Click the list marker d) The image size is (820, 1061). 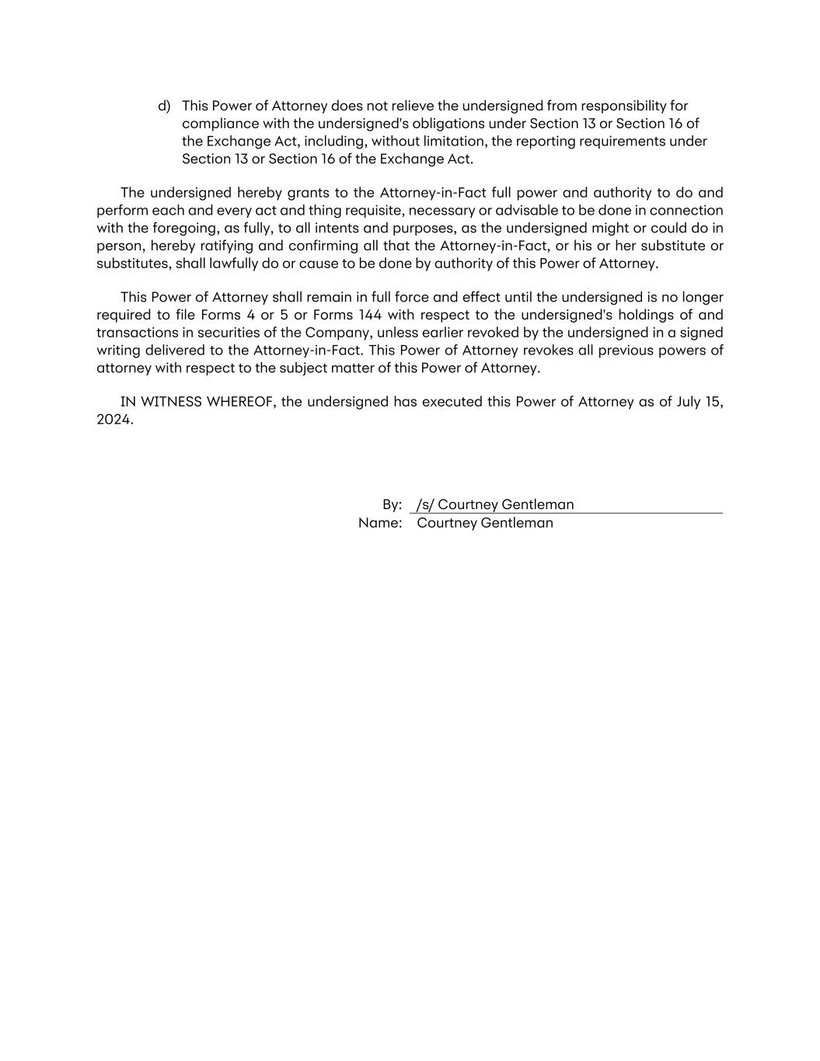[x=164, y=106]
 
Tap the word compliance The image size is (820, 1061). [x=219, y=124]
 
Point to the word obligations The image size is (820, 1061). [x=446, y=124]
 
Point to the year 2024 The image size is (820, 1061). [x=114, y=420]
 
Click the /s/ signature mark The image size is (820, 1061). [x=424, y=504]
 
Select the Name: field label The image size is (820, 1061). [x=380, y=523]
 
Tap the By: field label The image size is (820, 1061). [x=392, y=504]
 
